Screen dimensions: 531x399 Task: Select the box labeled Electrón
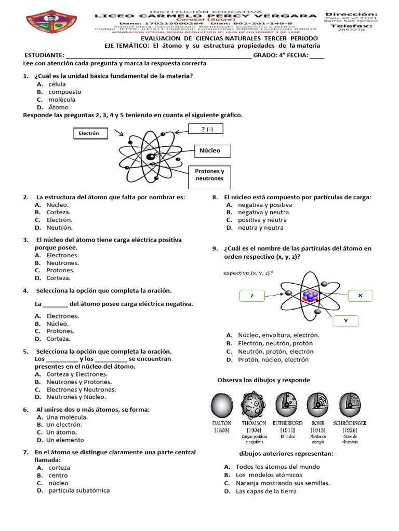(89, 134)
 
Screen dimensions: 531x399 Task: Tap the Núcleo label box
(210, 151)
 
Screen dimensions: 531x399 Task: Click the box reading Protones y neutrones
(209, 175)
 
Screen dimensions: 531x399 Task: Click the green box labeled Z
(251, 296)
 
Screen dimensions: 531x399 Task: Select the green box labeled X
(360, 296)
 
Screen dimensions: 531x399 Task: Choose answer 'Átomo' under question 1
(58, 107)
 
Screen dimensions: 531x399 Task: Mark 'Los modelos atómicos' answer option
(269, 475)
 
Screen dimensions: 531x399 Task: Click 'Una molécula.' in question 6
(67, 417)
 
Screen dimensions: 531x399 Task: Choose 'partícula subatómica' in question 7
(79, 491)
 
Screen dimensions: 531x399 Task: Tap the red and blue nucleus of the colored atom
(310, 296)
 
